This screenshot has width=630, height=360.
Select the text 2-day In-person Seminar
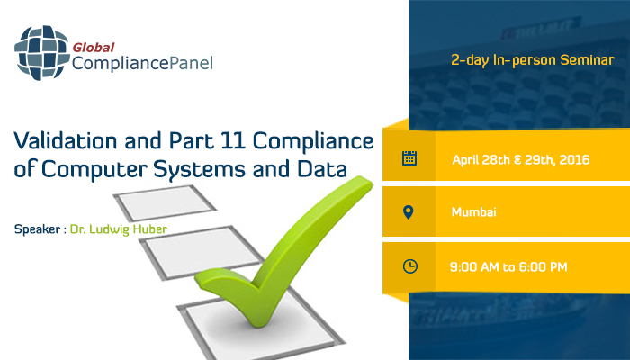[x=533, y=61]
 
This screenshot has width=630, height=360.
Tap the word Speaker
[x=39, y=229]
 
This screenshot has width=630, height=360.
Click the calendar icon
[x=409, y=159]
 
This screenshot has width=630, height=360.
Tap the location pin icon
[x=409, y=212]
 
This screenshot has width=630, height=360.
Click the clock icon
[x=409, y=265]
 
